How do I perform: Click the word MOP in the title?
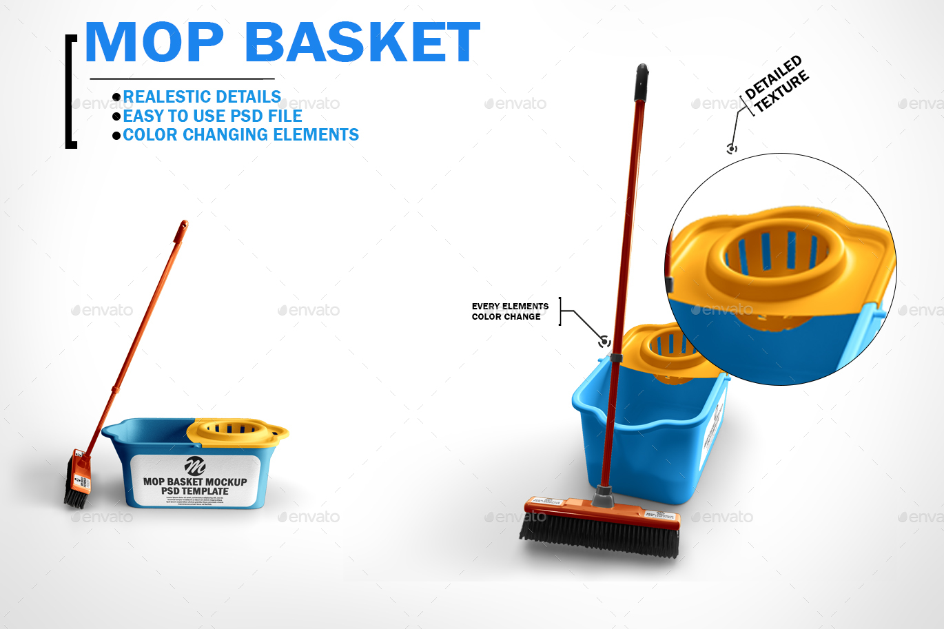[x=154, y=43]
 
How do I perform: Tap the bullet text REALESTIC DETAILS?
[x=202, y=97]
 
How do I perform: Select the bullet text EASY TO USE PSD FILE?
[x=212, y=116]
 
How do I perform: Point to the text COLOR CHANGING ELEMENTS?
[x=240, y=135]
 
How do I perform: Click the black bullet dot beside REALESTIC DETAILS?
[x=116, y=97]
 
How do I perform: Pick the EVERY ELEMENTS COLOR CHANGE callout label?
[x=510, y=311]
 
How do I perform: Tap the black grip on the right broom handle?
[x=642, y=82]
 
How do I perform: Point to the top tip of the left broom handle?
[x=184, y=224]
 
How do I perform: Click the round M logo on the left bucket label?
[x=195, y=466]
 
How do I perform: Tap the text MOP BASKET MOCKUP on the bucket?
[x=195, y=482]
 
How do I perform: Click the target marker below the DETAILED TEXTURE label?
[x=732, y=148]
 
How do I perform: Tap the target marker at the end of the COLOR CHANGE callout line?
[x=604, y=341]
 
